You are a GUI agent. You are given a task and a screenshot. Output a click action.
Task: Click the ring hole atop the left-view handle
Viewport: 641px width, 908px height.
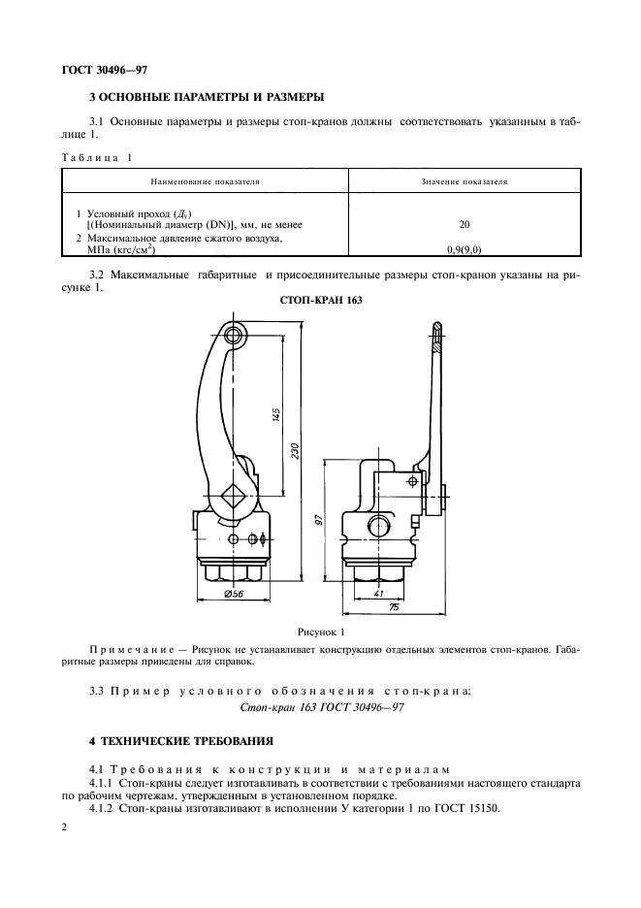[233, 336]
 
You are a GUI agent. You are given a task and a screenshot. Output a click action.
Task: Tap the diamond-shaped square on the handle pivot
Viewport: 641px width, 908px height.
[232, 499]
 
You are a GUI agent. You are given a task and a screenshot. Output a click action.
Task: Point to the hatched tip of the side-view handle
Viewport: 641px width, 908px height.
[438, 338]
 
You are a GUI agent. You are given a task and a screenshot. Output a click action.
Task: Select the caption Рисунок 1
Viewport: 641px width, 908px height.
[321, 631]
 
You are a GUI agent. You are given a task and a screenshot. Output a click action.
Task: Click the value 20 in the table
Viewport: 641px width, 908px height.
[465, 224]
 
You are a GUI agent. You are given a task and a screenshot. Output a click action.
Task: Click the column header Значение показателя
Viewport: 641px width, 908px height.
[465, 181]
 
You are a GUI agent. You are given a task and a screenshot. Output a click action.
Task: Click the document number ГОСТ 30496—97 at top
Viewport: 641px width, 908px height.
[104, 69]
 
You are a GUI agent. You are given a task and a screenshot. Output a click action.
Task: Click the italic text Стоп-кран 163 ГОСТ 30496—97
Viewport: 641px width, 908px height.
[320, 709]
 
